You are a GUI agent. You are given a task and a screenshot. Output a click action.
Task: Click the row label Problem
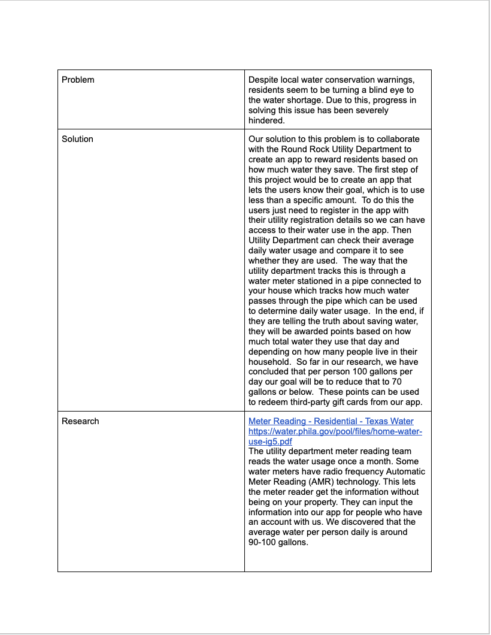[x=78, y=80]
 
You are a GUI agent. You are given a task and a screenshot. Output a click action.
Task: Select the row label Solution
[x=77, y=139]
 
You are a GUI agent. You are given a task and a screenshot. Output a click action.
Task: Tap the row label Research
[x=80, y=421]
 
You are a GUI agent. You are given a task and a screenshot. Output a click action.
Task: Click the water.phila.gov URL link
[x=335, y=436]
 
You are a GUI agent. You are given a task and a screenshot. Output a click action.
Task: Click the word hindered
[x=266, y=120]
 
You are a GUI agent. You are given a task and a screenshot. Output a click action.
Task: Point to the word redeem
[x=273, y=402]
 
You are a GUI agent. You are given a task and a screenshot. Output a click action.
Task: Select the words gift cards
[x=366, y=402]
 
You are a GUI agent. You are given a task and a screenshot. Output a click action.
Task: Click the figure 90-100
[x=262, y=542]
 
